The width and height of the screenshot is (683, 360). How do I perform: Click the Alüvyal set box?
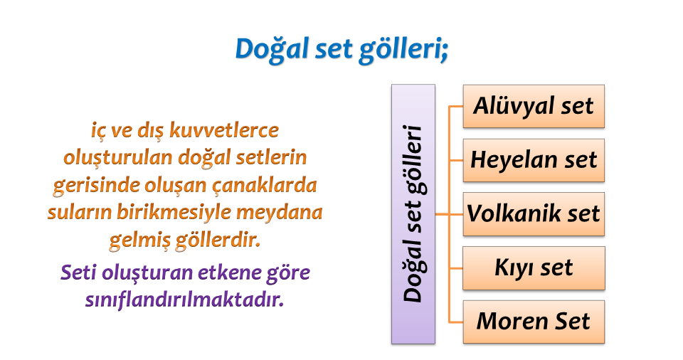534,106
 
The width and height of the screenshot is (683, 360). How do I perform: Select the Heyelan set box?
534,160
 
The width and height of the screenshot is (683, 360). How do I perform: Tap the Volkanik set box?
534,214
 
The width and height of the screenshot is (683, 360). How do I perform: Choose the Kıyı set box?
534,268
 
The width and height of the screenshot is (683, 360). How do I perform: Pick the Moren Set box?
534,322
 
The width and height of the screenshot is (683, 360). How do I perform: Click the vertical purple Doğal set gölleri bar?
413,214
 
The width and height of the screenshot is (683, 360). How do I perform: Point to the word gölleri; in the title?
403,49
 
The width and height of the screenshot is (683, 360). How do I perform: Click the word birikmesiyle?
174,213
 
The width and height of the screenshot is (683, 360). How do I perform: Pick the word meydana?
279,212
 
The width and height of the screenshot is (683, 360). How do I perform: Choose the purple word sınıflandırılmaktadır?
185,300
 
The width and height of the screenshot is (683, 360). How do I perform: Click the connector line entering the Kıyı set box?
455,268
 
